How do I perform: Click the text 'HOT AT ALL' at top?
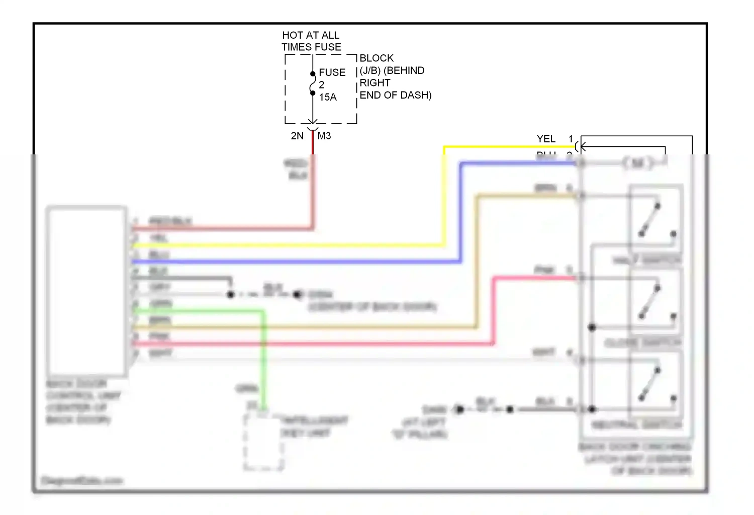(310, 35)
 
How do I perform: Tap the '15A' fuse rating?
(328, 97)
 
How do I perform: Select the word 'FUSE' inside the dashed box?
(332, 72)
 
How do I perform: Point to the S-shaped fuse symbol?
(313, 83)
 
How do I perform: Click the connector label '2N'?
(297, 136)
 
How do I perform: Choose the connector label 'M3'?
(324, 136)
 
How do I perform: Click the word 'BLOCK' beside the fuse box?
(376, 58)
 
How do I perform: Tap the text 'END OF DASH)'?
(395, 95)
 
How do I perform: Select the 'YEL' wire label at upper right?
(546, 139)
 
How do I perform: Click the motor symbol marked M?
(637, 162)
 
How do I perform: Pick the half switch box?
(656, 218)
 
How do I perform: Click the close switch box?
(656, 302)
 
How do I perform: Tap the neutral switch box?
(656, 385)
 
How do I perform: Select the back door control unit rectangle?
(86, 291)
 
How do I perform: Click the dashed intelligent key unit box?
(263, 442)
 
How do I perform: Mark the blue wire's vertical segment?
(460, 211)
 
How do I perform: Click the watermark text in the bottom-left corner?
(81, 481)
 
